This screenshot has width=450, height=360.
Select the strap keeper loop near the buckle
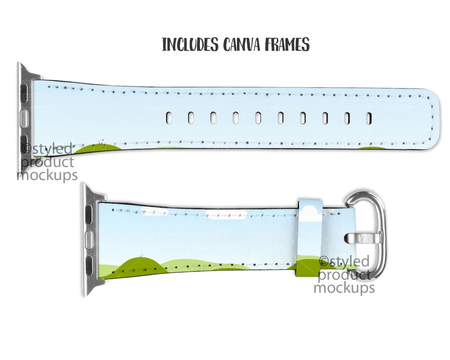tap(310, 238)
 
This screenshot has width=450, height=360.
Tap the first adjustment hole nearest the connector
tap(169, 118)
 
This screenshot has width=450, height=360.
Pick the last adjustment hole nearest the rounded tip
tap(369, 118)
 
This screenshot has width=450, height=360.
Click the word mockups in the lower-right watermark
tap(344, 287)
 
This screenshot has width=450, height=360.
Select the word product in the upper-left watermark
tap(48, 162)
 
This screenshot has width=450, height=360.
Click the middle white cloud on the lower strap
tap(227, 215)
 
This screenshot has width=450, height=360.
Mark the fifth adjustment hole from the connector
tap(258, 118)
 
